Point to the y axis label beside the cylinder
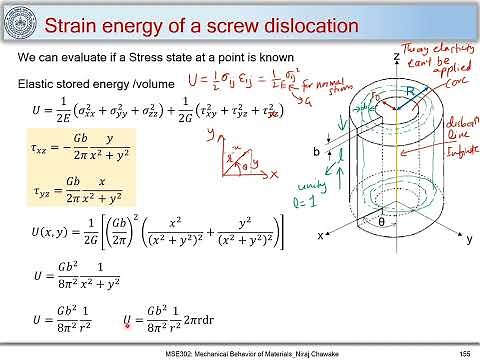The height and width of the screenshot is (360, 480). [x=468, y=240]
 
